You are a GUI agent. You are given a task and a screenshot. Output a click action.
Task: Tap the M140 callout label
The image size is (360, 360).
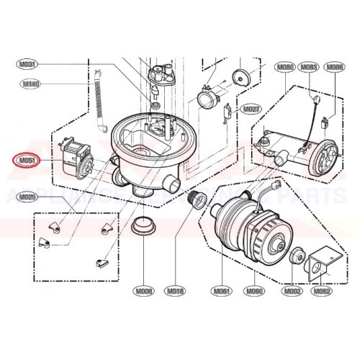pyautogui.click(x=30, y=84)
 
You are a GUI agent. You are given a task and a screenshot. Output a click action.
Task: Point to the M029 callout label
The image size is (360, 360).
pyautogui.click(x=28, y=197)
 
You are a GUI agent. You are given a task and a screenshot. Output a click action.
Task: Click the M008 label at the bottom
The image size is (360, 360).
pyautogui.click(x=145, y=291)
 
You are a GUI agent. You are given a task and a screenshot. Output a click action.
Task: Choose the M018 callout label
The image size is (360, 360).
pyautogui.click(x=176, y=291)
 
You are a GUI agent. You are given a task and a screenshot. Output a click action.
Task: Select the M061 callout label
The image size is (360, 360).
pyautogui.click(x=220, y=291)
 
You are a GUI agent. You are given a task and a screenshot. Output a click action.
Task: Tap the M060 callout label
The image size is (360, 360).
pyautogui.click(x=254, y=291)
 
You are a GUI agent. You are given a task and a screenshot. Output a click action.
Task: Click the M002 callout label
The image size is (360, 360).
pyautogui.click(x=292, y=291)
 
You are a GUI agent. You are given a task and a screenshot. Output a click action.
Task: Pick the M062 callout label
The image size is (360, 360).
pyautogui.click(x=321, y=291)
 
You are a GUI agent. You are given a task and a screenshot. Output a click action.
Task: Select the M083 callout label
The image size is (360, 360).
pyautogui.click(x=310, y=67)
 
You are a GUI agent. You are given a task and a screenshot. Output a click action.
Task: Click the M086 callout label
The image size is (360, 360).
pyautogui.click(x=335, y=67)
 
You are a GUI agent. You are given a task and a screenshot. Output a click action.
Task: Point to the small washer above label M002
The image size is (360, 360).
pyautogui.click(x=294, y=256)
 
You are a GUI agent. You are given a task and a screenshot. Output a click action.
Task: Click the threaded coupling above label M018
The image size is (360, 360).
pyautogui.click(x=194, y=197)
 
